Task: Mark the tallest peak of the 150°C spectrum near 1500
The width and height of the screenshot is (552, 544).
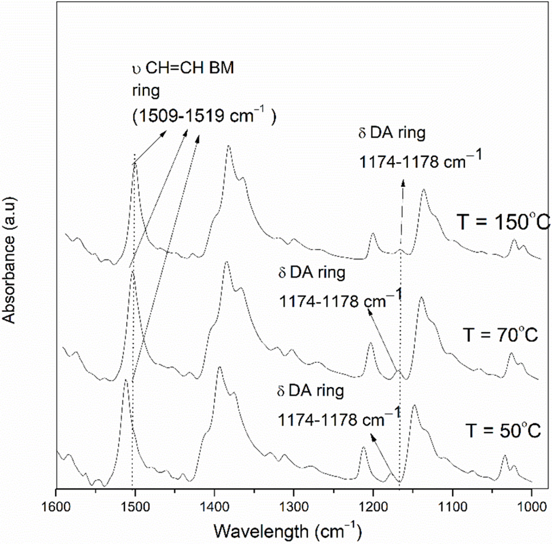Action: pos(135,164)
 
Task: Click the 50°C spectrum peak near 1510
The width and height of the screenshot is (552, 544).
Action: pos(126,380)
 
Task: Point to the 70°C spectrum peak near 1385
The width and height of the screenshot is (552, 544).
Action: pos(226,262)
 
